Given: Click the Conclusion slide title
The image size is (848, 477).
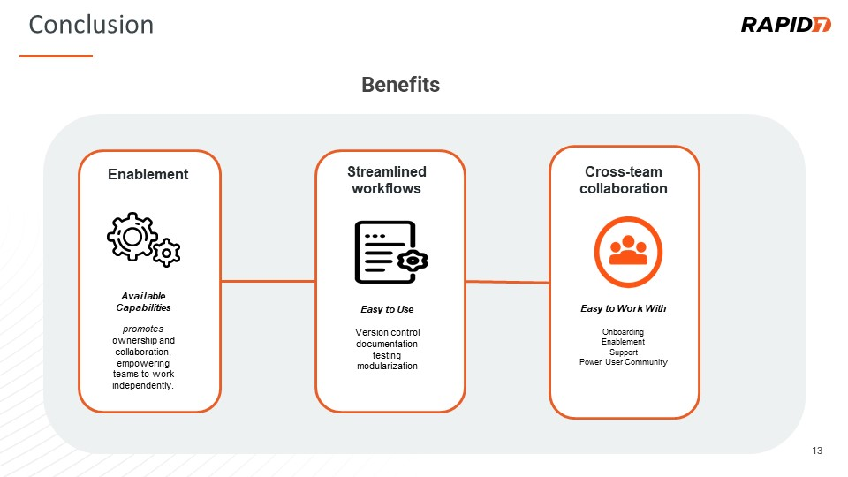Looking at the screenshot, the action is (x=91, y=25).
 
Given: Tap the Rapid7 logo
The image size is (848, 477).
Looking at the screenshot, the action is (x=785, y=25).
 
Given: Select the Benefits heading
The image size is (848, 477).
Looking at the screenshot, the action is (x=400, y=85).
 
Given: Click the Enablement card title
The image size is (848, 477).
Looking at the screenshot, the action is (x=148, y=174).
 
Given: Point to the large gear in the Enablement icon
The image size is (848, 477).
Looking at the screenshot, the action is (x=132, y=237).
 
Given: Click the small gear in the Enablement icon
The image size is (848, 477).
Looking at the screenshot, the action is (x=167, y=253).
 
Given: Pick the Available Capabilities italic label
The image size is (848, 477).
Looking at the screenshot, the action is (x=143, y=302).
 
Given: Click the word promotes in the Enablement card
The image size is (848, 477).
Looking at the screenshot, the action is (x=143, y=329).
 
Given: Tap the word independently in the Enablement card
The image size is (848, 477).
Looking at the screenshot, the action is (x=143, y=386).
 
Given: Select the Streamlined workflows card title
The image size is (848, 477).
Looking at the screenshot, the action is (x=387, y=180).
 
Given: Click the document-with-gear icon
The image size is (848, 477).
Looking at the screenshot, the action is (x=391, y=252).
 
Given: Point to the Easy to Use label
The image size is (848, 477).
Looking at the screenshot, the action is (x=387, y=309).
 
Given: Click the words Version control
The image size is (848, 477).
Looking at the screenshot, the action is (x=387, y=332).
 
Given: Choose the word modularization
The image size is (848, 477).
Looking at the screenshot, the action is (x=387, y=366).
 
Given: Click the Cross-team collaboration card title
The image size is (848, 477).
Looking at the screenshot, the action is (x=624, y=180).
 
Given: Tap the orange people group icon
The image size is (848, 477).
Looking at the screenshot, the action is (x=628, y=252).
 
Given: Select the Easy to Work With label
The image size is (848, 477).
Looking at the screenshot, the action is (x=623, y=308).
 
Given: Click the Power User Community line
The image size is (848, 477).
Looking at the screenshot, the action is (x=623, y=362).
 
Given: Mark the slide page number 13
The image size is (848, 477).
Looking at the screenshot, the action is (x=817, y=450).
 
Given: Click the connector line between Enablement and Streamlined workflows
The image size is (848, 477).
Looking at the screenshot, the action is (x=268, y=281).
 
